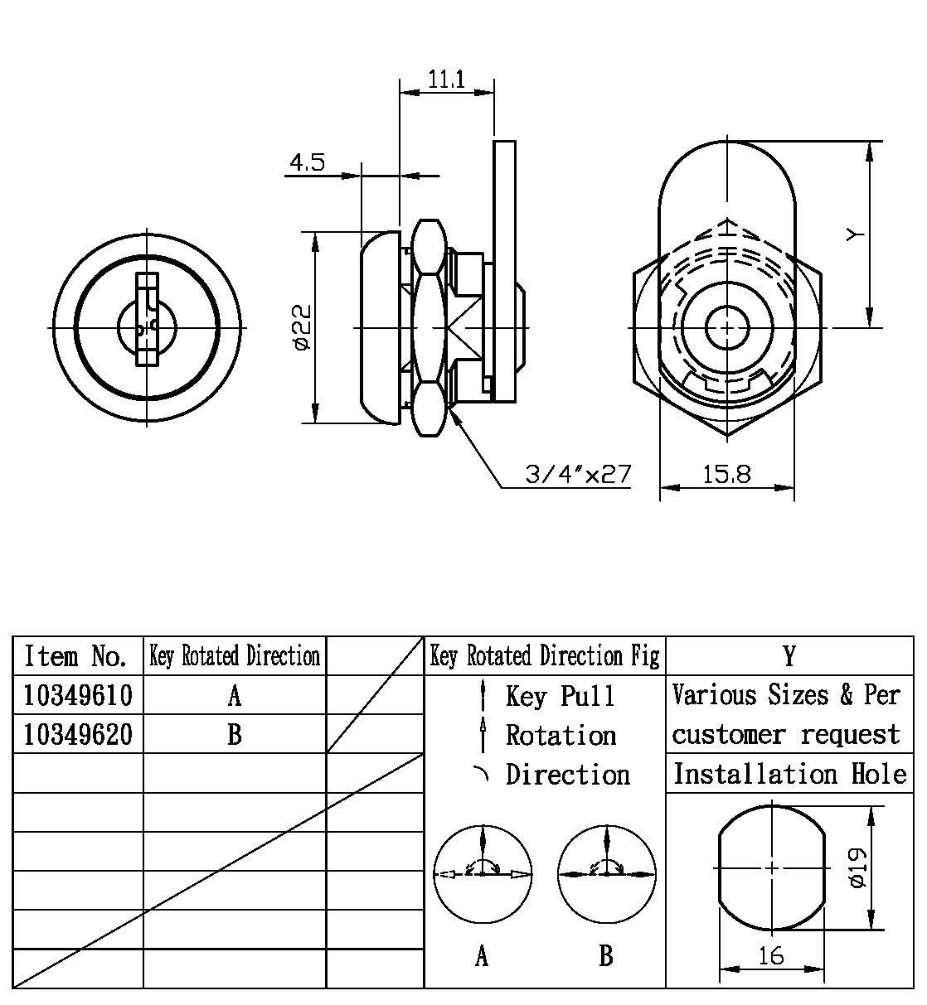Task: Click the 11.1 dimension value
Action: [446, 80]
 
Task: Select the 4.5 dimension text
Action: [307, 162]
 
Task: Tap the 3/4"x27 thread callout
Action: [578, 475]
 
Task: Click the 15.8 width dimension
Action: [726, 474]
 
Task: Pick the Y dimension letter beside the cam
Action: [856, 235]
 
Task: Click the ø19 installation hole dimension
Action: [857, 867]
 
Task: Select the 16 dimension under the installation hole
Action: [770, 956]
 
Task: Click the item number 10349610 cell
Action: [78, 695]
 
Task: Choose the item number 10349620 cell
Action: [78, 734]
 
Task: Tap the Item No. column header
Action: [76, 656]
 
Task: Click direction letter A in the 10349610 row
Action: [235, 696]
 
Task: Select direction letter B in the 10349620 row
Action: [235, 735]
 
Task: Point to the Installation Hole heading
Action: [789, 774]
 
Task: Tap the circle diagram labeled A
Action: [483, 872]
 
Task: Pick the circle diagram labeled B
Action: [607, 872]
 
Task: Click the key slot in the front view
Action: [147, 320]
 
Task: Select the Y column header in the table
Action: [789, 656]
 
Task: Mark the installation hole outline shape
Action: [772, 867]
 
